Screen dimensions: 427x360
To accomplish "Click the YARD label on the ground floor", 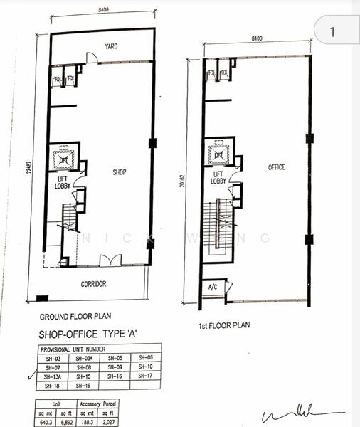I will [111, 46].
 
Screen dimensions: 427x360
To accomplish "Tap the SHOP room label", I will [120, 172].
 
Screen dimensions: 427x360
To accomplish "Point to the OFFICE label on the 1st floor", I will [276, 167].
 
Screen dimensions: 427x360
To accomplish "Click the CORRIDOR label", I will [93, 284].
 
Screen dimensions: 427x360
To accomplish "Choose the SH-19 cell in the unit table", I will [85, 385].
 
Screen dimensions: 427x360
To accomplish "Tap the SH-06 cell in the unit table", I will [145, 357].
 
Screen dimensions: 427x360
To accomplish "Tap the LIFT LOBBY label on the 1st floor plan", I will [219, 178].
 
